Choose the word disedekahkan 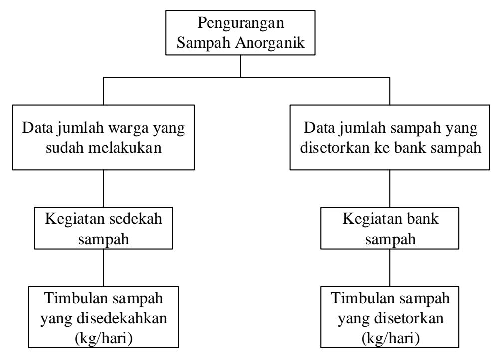(x=122, y=318)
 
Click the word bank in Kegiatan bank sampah (x=422, y=219)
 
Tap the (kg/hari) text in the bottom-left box (x=103, y=338)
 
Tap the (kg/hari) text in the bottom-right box (x=390, y=338)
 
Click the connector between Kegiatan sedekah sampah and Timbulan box (x=103, y=268)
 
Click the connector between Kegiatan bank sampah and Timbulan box (x=390, y=268)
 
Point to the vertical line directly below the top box (x=241, y=66)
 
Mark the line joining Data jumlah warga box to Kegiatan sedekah (x=103, y=189)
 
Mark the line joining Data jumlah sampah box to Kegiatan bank (x=390, y=189)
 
